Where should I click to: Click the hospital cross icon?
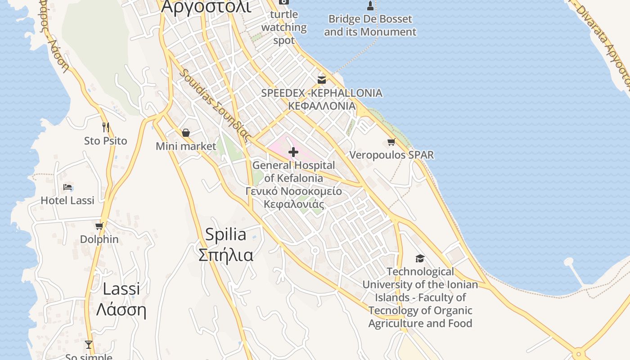pyautogui.click(x=293, y=152)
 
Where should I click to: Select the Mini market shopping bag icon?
pyautogui.click(x=185, y=133)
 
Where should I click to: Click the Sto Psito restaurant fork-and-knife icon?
pyautogui.click(x=106, y=127)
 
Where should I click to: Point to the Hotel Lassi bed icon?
pyautogui.click(x=67, y=187)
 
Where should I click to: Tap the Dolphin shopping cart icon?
pyautogui.click(x=99, y=226)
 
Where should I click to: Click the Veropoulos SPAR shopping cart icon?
pyautogui.click(x=391, y=142)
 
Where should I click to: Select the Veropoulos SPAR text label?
pyautogui.click(x=391, y=155)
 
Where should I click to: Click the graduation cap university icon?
pyautogui.click(x=420, y=258)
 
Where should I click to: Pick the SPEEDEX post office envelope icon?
pyautogui.click(x=322, y=80)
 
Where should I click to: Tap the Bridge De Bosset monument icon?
pyautogui.click(x=370, y=6)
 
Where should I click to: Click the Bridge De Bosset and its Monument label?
pyautogui.click(x=370, y=26)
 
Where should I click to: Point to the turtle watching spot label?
pyautogui.click(x=284, y=27)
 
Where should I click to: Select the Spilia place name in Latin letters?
pyautogui.click(x=225, y=234)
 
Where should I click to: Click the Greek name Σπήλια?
pyautogui.click(x=225, y=255)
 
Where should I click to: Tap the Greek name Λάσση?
pyautogui.click(x=121, y=310)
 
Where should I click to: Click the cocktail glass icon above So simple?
pyautogui.click(x=89, y=345)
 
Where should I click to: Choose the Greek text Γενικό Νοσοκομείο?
pyautogui.click(x=293, y=191)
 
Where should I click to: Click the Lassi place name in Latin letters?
pyautogui.click(x=121, y=289)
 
